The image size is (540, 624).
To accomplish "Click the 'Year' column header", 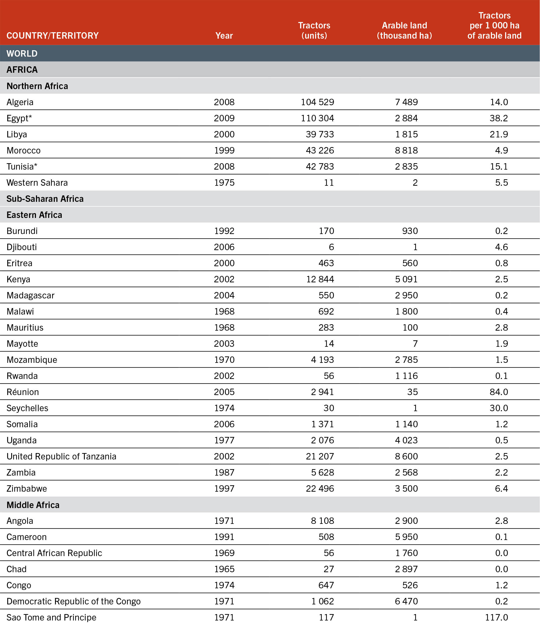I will click(224, 35).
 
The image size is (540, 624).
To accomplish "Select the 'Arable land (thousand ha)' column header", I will click(404, 30).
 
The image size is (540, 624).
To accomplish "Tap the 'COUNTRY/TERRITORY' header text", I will click(52, 35).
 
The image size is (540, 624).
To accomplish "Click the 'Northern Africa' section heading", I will click(37, 86).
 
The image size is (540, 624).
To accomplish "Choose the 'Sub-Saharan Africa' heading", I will click(45, 199).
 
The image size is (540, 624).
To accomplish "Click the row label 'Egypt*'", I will click(19, 118).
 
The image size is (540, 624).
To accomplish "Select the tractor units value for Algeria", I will click(317, 102).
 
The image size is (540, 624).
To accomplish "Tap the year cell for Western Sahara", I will click(224, 183).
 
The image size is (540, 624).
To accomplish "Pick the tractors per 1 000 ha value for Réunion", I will click(499, 392).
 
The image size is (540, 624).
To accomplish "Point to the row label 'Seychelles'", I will click(27, 408).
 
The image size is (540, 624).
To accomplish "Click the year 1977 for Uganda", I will click(224, 440).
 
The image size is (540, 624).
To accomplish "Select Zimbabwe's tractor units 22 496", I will click(320, 488).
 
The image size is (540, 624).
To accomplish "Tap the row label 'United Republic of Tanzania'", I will click(61, 456).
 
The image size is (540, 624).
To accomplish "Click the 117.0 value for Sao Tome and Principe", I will click(496, 617).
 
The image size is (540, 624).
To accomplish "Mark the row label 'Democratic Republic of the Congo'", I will click(74, 601).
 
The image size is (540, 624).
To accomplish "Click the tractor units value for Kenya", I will click(320, 279).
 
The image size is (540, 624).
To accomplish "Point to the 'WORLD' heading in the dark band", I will click(22, 54).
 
